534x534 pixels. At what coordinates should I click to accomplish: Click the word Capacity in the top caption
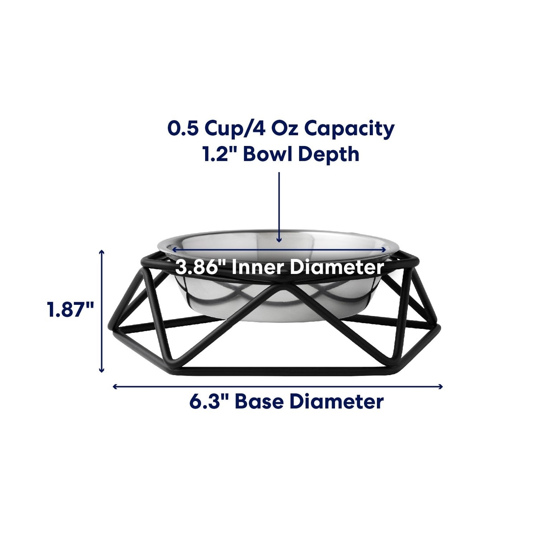(349, 130)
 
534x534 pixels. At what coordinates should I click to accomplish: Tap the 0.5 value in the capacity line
(183, 129)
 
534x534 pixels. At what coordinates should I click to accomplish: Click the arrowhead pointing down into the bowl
(279, 240)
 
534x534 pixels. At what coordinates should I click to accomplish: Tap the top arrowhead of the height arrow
(102, 252)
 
